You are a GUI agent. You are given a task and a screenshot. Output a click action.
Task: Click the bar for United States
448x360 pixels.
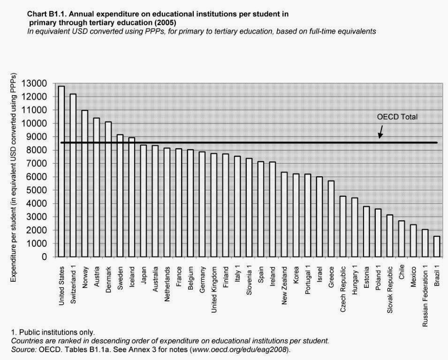61,172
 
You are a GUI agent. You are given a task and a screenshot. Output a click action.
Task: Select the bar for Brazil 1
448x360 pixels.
437,247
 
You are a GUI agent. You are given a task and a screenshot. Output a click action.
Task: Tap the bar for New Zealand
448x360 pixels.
284,215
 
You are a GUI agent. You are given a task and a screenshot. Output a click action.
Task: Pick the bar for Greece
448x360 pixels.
331,219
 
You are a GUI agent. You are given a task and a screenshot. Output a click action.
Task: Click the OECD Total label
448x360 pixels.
397,117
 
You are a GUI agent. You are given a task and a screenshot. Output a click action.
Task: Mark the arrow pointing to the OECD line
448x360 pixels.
381,134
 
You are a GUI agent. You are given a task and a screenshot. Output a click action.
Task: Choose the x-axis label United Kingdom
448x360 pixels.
214,285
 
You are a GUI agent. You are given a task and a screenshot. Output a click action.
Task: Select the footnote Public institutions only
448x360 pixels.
53,332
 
